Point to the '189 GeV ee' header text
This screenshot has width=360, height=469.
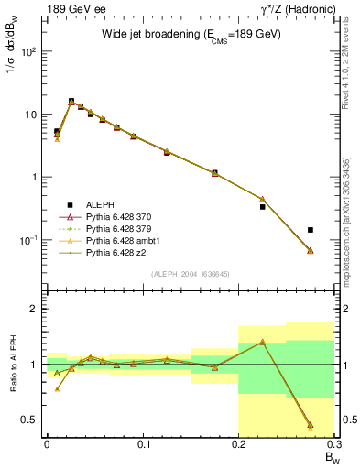[71, 8]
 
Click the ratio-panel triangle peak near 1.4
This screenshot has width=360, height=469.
[262, 342]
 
